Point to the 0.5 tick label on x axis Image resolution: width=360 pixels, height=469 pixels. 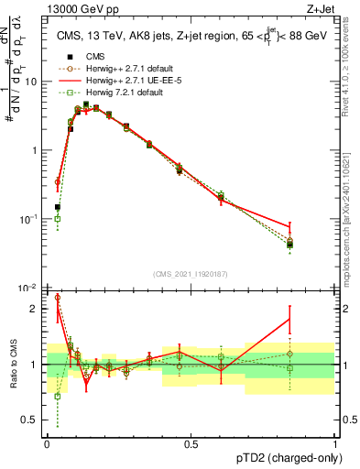pos(191,443)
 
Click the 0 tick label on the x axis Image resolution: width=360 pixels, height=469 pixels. pos(47,443)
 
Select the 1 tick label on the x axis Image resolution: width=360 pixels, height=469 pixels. pos(336,443)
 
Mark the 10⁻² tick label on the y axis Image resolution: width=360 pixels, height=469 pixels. pos(31,288)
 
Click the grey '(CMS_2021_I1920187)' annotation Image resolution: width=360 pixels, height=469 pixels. pos(190,274)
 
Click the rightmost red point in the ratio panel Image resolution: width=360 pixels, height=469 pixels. pos(289,319)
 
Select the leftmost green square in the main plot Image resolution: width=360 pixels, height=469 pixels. pos(58,218)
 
